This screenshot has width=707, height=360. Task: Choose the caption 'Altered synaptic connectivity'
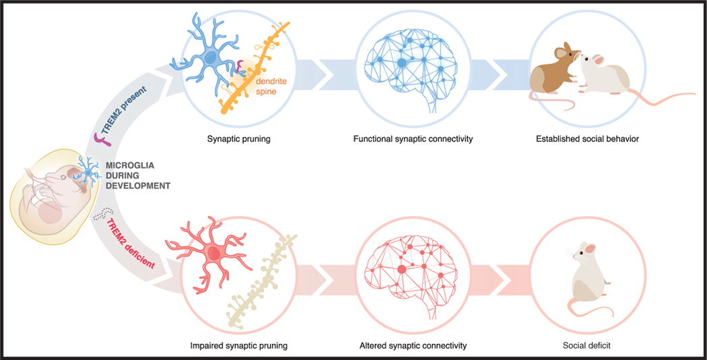413,346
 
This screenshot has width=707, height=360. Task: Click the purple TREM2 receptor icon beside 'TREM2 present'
100,140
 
